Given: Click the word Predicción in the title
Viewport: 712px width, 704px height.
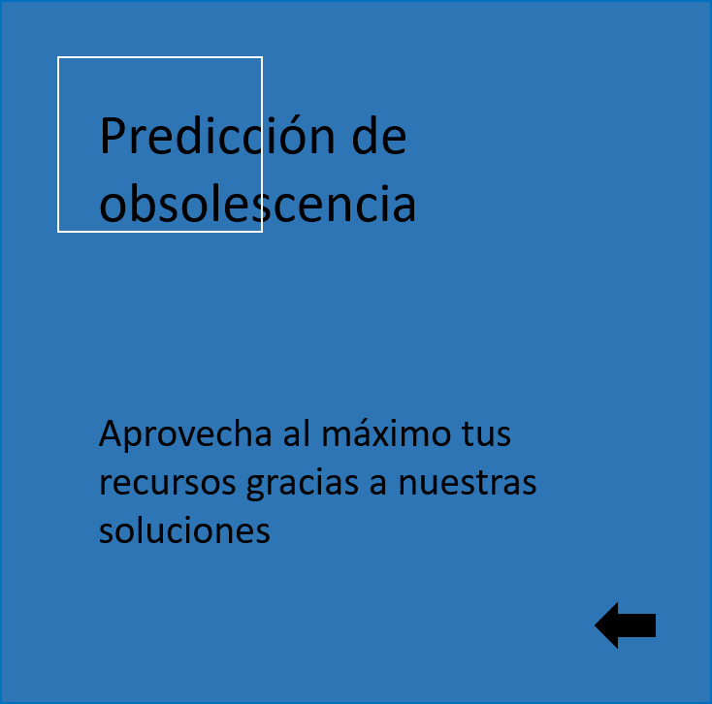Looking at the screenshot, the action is [x=217, y=135].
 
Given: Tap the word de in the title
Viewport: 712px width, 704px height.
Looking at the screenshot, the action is [x=379, y=135].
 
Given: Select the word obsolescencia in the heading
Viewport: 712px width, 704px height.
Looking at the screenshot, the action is [x=257, y=203].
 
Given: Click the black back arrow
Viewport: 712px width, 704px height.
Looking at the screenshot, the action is [x=626, y=625].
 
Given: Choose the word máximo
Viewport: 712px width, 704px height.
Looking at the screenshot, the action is [x=386, y=433].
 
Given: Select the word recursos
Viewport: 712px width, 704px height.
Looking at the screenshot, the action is [x=168, y=484].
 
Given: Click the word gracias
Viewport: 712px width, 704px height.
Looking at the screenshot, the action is [x=303, y=484].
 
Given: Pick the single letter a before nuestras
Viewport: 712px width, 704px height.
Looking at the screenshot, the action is [x=378, y=484].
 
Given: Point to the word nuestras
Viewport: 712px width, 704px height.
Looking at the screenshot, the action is [x=468, y=483].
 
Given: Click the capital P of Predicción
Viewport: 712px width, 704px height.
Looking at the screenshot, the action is [x=112, y=135].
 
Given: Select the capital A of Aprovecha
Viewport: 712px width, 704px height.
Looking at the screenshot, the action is [x=112, y=433].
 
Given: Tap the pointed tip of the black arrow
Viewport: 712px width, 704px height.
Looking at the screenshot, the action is [x=595, y=625].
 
